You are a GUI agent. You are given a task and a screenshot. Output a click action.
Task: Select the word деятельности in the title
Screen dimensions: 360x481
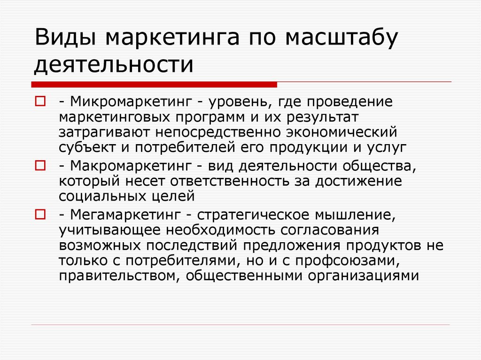113,64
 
